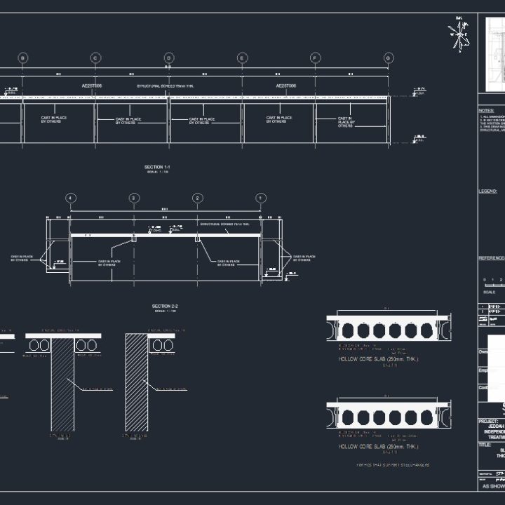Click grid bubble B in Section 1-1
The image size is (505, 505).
pos(22,58)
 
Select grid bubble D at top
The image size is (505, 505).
pos(169,58)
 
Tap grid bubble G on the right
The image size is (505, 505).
pos(389,58)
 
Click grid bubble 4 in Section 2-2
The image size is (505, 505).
pos(71,198)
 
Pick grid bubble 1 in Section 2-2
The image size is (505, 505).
pos(261,198)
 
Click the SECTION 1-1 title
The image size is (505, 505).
pos(157,167)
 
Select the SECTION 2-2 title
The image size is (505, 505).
pos(165,307)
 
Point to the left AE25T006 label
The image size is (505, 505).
pos(92,86)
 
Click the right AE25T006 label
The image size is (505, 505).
pos(285,86)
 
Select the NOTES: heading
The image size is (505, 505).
pos(486,111)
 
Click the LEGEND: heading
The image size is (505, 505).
pos(487,191)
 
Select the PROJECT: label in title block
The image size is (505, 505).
pos(488,422)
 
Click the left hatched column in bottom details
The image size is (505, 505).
pos(62,382)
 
